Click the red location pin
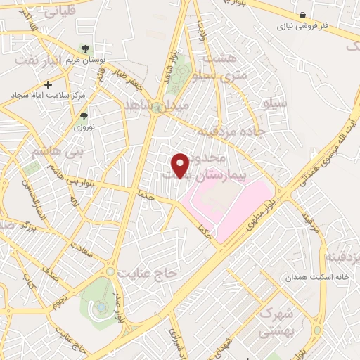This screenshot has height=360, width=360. coord(181,165)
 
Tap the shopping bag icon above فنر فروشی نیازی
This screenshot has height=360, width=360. coord(302,15)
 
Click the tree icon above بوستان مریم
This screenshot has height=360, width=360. coord(85,49)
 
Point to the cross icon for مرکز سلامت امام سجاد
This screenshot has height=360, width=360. coord(48,84)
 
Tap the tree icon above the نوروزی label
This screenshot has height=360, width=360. coord(84,116)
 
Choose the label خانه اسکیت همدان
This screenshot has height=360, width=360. coord(316,277)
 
